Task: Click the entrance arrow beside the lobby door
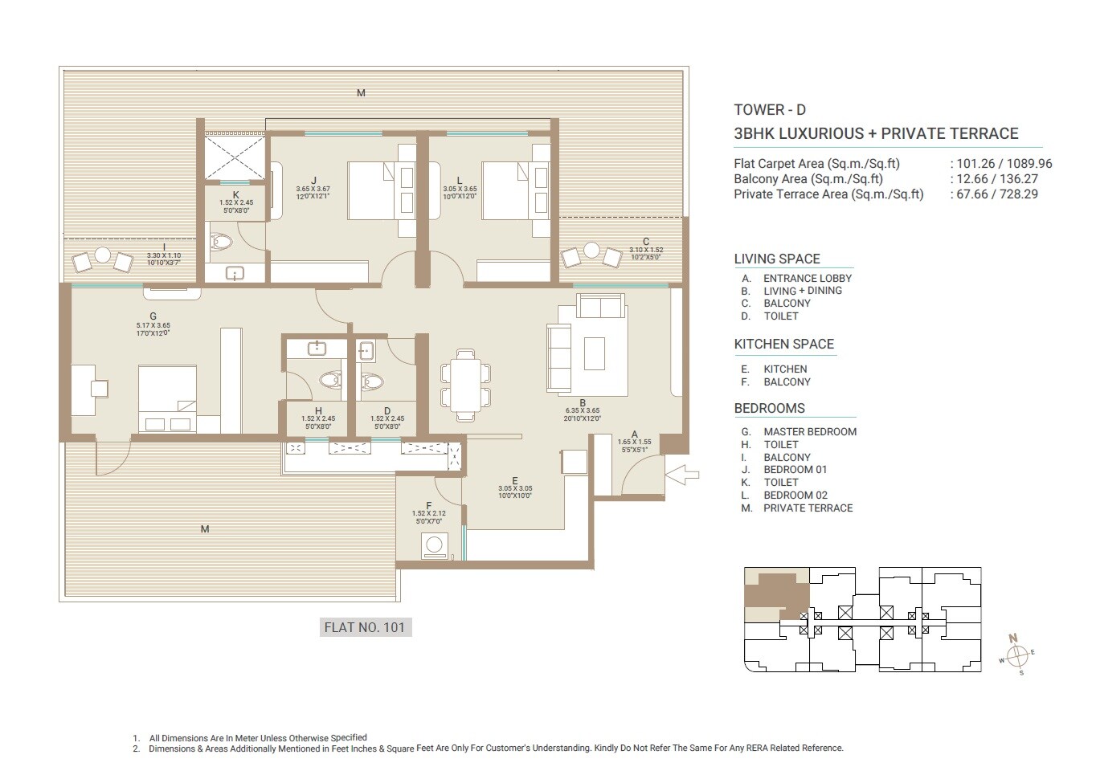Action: (x=682, y=475)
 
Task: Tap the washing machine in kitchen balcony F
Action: (x=434, y=546)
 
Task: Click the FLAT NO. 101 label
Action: (x=365, y=627)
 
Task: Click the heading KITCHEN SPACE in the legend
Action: (x=783, y=344)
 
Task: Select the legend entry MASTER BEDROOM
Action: (x=809, y=431)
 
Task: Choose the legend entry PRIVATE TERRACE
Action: (x=808, y=508)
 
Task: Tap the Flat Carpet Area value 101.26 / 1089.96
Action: (x=1004, y=164)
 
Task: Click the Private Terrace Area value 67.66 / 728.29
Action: (x=996, y=194)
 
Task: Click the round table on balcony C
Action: (x=591, y=251)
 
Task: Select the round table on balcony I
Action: (x=102, y=255)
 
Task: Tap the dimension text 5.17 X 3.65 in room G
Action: (x=153, y=325)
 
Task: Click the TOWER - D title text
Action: (x=769, y=110)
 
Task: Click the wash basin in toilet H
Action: (x=317, y=348)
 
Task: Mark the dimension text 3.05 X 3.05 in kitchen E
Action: (x=515, y=488)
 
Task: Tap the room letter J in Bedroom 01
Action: (x=313, y=181)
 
